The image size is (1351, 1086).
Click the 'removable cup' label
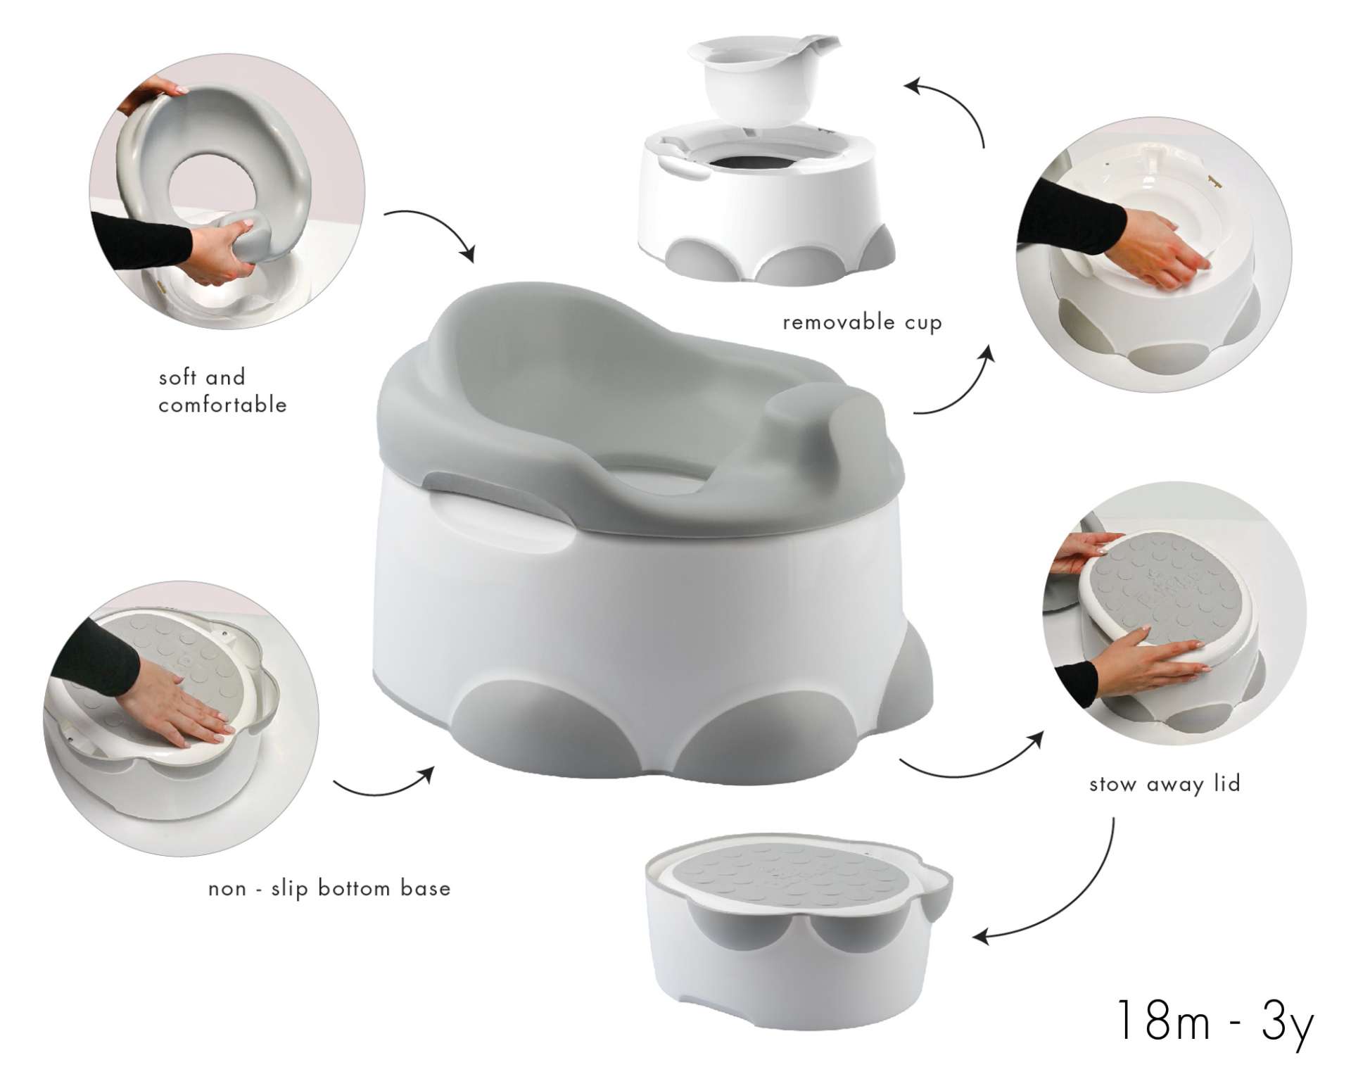(862, 323)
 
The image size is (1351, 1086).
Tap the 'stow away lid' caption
(1165, 784)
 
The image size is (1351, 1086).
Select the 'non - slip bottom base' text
(329, 888)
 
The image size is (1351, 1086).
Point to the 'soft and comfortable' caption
(222, 391)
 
